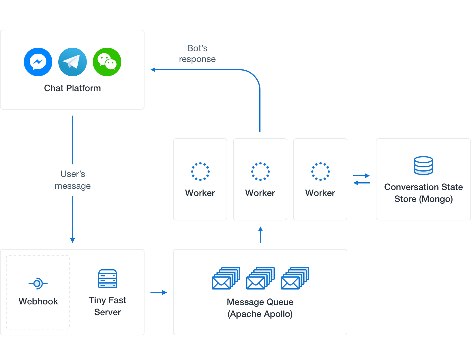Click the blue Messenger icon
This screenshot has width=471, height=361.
click(x=38, y=62)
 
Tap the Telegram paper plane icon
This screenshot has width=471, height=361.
click(x=73, y=62)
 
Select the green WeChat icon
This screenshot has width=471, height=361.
click(x=107, y=62)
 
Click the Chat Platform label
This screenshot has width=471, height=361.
click(x=72, y=88)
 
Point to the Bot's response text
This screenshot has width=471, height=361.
click(x=197, y=54)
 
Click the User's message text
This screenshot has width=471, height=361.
click(x=73, y=180)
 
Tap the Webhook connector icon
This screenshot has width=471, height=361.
click(x=38, y=284)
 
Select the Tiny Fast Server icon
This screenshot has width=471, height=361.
click(x=108, y=279)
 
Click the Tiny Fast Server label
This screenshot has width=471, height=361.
click(x=108, y=306)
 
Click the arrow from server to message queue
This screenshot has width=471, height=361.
click(x=158, y=292)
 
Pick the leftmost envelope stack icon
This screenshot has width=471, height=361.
click(x=226, y=278)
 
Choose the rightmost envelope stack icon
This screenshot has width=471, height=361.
click(x=295, y=278)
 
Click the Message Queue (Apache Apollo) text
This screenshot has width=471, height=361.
click(x=260, y=308)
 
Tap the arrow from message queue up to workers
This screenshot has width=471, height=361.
click(x=260, y=235)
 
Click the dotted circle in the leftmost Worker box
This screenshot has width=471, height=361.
click(x=200, y=172)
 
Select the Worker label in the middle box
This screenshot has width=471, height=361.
click(x=260, y=193)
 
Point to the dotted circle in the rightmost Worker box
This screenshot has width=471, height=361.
click(x=320, y=172)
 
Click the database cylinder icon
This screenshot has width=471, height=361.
click(x=423, y=165)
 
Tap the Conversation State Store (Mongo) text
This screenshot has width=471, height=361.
click(x=423, y=193)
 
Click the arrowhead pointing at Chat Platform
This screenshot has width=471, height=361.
click(x=153, y=70)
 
